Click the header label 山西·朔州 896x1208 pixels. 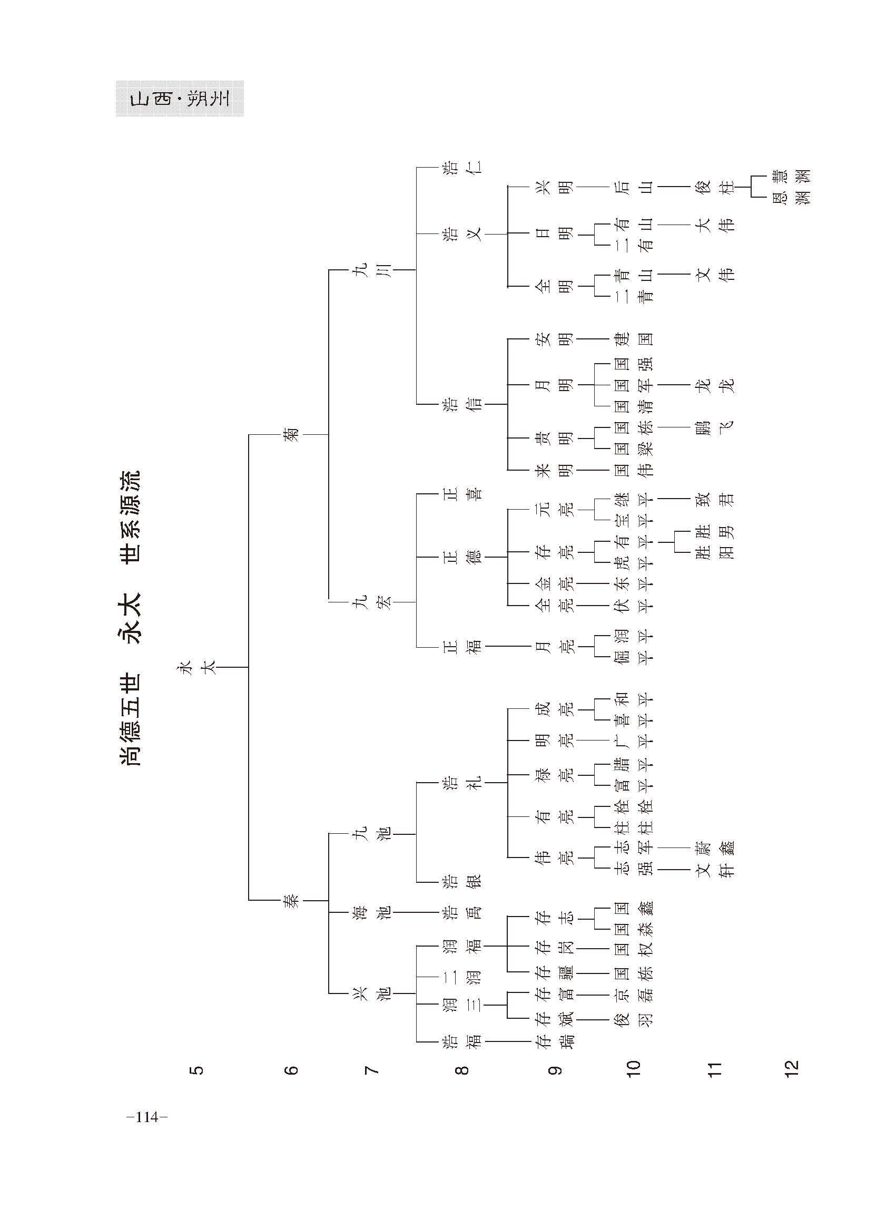coord(180,99)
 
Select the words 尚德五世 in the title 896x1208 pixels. coord(130,719)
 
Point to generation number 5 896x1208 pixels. coord(198,1070)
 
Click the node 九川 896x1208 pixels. coord(374,270)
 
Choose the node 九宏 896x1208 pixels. coord(374,602)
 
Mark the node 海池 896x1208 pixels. coord(374,912)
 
